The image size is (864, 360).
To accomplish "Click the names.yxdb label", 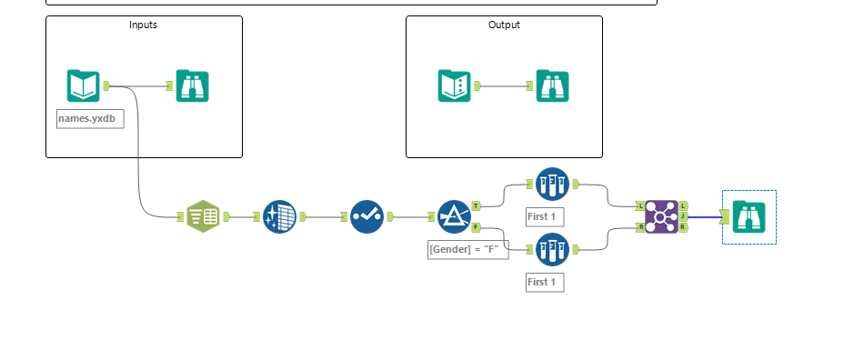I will pos(90,118).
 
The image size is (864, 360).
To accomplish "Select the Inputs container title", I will pos(143,25).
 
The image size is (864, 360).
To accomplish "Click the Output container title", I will pos(504,25).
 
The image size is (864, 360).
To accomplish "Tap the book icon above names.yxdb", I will pos(83,85).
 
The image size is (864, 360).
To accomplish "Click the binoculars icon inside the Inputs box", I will pos(192,85).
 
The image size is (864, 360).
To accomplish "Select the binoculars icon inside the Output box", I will pos(552,85).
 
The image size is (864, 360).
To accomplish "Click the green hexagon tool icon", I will pos(203,216).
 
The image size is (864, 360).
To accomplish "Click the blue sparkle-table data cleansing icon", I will pos(280,216).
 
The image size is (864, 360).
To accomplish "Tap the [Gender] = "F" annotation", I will pos(465,249).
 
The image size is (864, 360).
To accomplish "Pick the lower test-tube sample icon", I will pos(552,248).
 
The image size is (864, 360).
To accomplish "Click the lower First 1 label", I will pos(545,282).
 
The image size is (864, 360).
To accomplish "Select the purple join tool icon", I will pos(661,216).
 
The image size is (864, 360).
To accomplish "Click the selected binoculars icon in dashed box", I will pos(748,216).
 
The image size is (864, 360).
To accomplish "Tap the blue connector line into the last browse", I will pos(704,216).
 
